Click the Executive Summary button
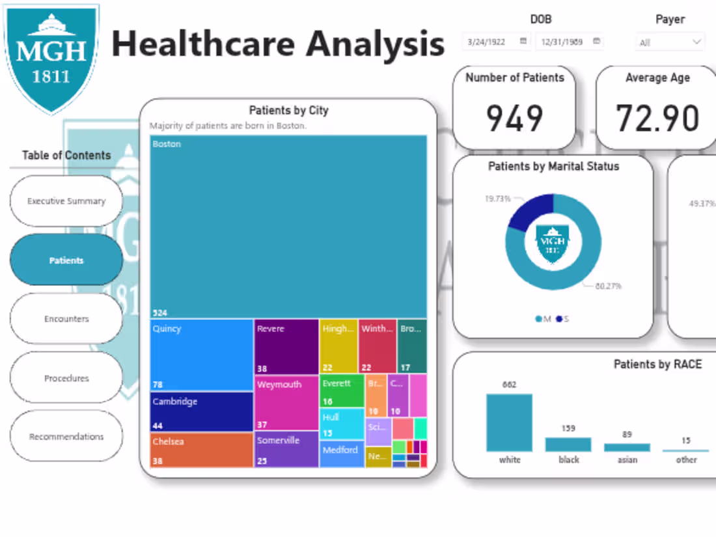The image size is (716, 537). [66, 201]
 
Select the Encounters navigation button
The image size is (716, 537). [66, 319]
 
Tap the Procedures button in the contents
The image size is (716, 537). [66, 378]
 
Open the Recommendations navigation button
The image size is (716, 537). [66, 437]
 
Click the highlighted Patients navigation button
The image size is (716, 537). [66, 260]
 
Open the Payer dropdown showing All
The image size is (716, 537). [670, 42]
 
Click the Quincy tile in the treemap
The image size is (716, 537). [202, 355]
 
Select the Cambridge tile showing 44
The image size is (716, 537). [202, 411]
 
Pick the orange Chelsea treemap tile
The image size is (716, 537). [202, 450]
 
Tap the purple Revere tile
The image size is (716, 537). [286, 346]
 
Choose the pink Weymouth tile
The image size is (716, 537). [286, 402]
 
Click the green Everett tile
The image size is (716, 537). [342, 391]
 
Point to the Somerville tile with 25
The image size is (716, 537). [286, 449]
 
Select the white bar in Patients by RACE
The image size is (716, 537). [509, 422]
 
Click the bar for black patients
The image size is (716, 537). [568, 445]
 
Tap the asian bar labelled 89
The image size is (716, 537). [627, 447]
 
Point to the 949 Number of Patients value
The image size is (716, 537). [514, 118]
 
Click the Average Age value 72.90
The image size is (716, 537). [657, 118]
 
